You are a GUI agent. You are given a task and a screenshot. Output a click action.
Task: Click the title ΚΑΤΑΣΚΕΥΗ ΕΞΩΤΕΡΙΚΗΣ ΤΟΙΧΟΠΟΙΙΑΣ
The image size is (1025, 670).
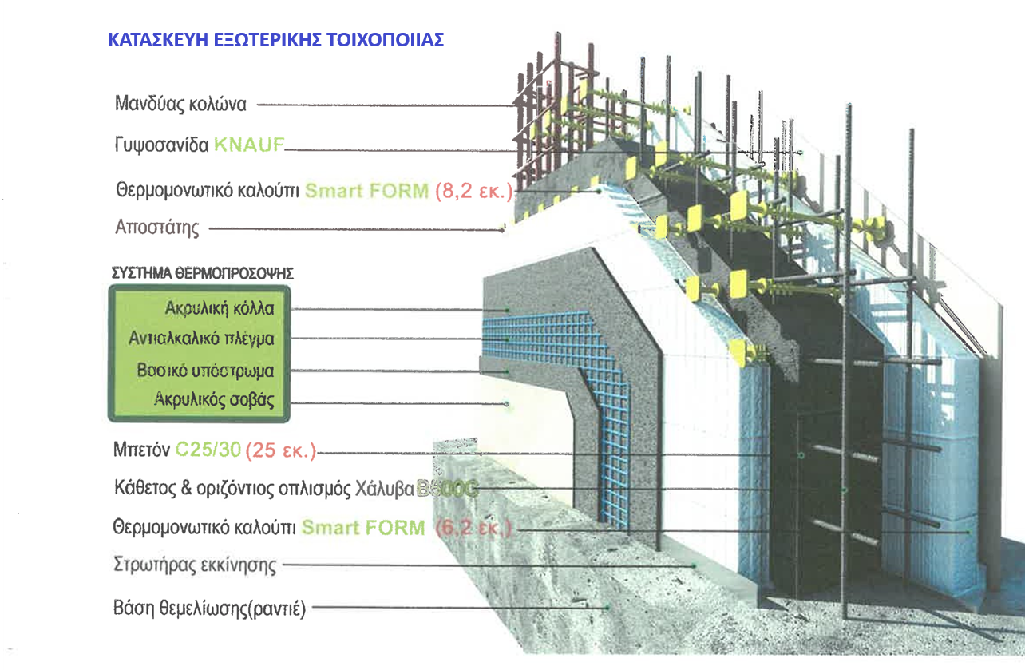pos(275,41)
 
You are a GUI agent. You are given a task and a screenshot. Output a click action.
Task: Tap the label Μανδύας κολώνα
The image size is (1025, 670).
pos(181,104)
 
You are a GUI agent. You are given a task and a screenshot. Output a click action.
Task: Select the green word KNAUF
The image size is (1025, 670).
pos(249,145)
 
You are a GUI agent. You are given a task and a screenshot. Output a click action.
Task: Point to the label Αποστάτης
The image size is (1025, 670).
pos(157,228)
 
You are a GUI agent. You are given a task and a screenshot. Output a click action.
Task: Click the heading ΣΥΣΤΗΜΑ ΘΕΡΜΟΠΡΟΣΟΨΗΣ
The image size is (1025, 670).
pos(202,273)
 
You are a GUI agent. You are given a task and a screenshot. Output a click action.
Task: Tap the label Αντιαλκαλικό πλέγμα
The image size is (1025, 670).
pos(201,339)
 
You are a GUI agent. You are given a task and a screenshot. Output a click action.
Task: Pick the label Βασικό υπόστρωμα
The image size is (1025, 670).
pos(205,371)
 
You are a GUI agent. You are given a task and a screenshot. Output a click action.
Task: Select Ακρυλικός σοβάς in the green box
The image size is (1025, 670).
pos(213,401)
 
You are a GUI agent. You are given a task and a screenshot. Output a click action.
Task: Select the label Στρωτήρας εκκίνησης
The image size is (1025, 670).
pos(196,566)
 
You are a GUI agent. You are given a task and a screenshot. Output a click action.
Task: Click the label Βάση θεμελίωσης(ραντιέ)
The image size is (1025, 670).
pos(210,609)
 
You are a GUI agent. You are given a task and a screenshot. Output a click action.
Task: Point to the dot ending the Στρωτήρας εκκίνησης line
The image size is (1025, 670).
pos(695,566)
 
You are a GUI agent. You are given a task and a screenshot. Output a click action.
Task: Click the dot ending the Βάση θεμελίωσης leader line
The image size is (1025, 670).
pos(607,609)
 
